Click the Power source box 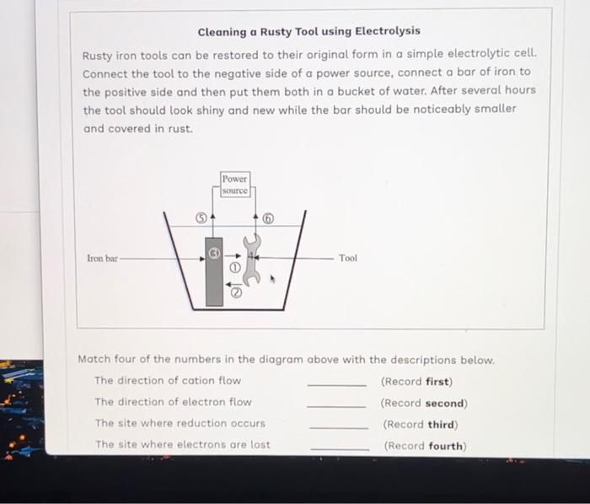click(235, 185)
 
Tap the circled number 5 click(201, 216)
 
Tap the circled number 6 click(269, 217)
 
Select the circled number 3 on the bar click(214, 250)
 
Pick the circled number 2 click(237, 293)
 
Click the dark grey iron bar click(214, 278)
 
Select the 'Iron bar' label click(102, 257)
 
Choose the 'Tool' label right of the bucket click(348, 258)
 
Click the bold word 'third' click(442, 425)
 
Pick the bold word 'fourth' click(446, 446)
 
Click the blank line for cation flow click(337, 385)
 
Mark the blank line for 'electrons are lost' click(340, 449)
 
